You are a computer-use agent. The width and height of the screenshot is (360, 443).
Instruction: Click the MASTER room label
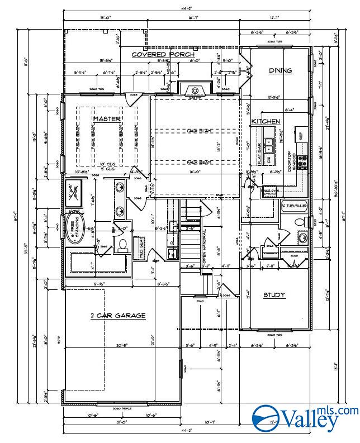click(103, 119)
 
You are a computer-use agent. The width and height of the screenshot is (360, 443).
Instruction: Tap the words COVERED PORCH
click(163, 55)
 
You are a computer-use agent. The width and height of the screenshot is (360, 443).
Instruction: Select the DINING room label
click(280, 70)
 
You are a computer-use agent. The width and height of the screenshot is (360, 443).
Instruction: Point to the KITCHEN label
click(265, 121)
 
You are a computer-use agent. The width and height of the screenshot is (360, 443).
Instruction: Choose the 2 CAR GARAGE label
click(118, 316)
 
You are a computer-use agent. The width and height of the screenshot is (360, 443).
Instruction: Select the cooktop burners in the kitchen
click(302, 161)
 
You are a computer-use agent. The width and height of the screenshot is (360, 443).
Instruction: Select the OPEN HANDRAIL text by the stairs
click(204, 246)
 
